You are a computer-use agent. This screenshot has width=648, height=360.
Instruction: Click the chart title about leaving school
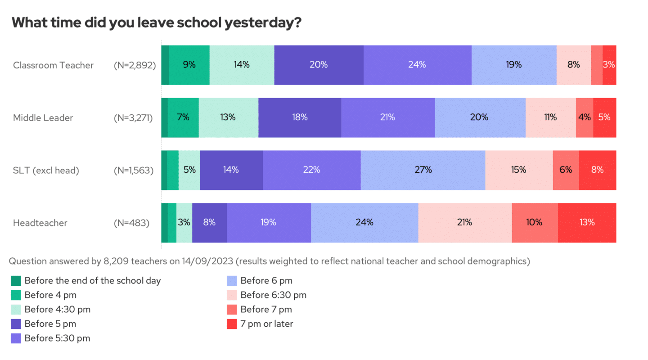[156, 23]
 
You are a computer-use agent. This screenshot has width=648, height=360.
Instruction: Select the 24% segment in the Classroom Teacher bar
[417, 65]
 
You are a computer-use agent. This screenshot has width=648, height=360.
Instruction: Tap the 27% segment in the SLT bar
[423, 170]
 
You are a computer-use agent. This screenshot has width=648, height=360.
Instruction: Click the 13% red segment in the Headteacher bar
[587, 222]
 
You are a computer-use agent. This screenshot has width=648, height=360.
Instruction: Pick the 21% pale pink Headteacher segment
[465, 222]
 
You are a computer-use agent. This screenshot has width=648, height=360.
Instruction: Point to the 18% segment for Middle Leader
[300, 117]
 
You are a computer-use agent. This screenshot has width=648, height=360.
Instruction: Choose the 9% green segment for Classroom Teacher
[189, 65]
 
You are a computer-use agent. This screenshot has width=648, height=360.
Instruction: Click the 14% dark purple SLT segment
[231, 170]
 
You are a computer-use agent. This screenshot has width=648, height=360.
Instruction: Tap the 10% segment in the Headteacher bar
[535, 222]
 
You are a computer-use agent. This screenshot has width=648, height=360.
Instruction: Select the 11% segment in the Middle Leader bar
[550, 117]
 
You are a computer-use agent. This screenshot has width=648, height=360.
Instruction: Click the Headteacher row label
[40, 223]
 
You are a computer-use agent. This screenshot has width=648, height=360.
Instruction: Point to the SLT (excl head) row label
[46, 171]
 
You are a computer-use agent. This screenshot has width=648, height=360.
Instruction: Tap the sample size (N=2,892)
[135, 65]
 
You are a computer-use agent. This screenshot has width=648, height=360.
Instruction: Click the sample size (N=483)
[131, 223]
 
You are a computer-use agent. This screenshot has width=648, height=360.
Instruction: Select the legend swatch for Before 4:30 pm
[16, 310]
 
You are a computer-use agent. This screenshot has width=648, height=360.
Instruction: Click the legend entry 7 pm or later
[266, 324]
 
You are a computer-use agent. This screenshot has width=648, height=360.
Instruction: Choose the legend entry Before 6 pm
[266, 281]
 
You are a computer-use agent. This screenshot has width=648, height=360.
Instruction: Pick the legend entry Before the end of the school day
[92, 281]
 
